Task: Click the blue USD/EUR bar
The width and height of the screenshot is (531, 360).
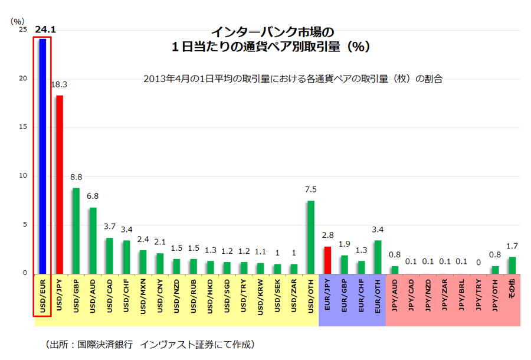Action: click(x=42, y=156)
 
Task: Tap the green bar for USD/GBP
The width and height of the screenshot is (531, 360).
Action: click(x=76, y=230)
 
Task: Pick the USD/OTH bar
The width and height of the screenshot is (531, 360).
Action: click(x=310, y=237)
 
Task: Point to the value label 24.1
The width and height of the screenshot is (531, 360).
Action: click(x=45, y=28)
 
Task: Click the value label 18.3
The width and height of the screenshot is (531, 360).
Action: click(x=59, y=84)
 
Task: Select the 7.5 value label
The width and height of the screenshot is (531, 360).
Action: click(x=310, y=189)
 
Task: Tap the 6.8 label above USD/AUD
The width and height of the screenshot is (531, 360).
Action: click(x=93, y=197)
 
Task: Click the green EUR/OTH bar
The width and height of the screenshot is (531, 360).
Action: click(x=378, y=257)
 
